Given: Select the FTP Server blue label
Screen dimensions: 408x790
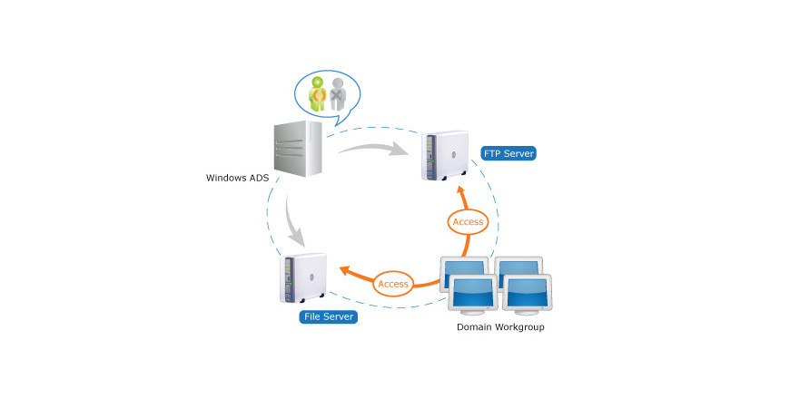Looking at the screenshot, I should (509, 153).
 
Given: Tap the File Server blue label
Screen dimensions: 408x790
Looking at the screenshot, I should (328, 316).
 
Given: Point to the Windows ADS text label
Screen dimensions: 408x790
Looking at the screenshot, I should (238, 178).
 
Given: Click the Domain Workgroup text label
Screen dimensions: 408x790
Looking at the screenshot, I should (499, 325).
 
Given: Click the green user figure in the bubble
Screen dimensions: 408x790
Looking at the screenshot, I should (319, 94).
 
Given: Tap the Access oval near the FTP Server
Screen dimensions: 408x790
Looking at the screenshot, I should (468, 221).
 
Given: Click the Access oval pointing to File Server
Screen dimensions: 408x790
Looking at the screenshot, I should (393, 284).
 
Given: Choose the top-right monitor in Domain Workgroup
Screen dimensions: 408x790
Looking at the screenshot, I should (521, 265).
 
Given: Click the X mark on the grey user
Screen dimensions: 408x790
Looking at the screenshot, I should (338, 92).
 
